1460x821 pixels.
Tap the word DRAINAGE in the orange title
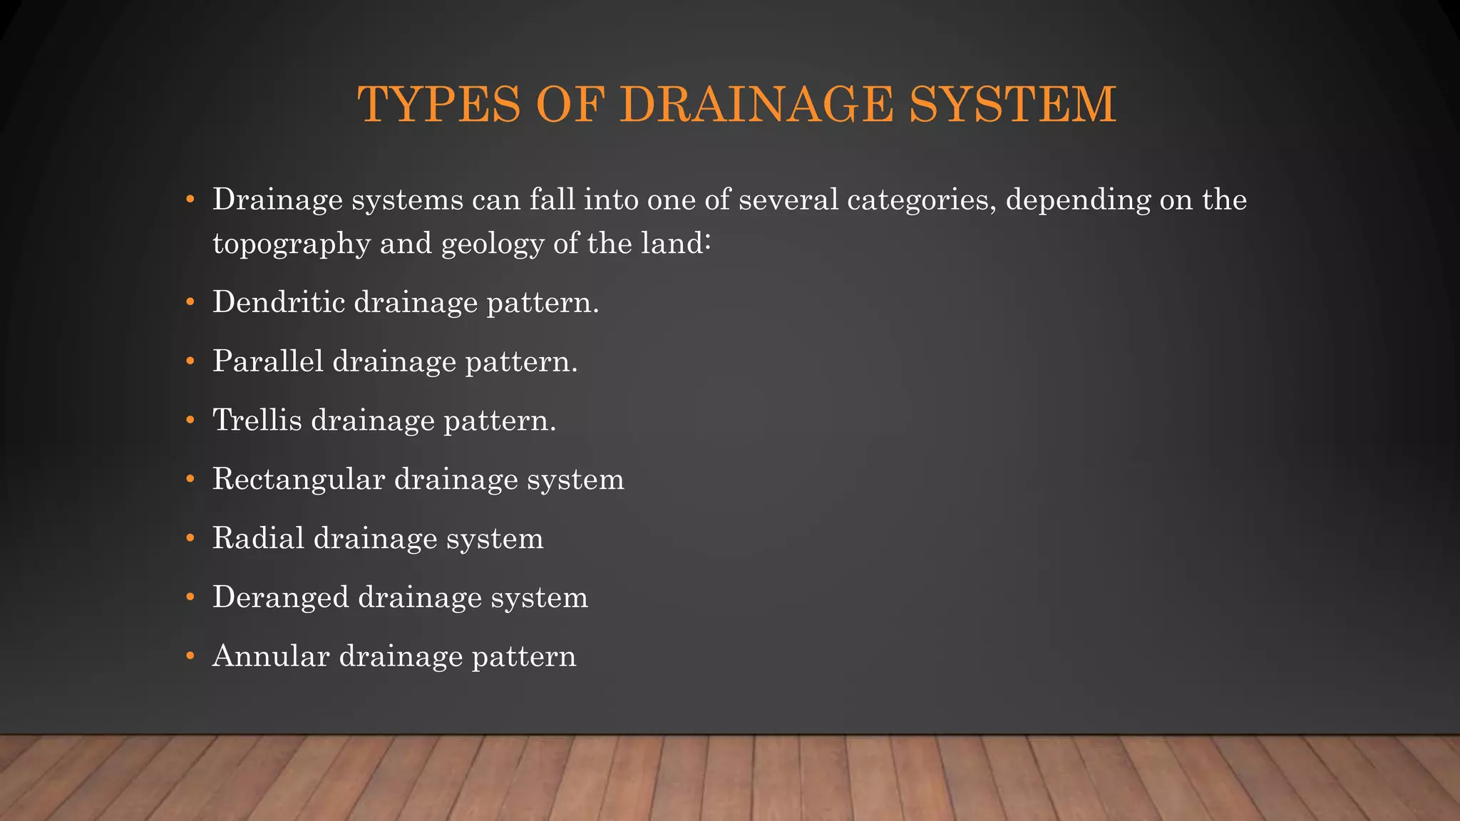[756, 105]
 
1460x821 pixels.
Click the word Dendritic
[279, 302]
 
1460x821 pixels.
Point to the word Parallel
[268, 361]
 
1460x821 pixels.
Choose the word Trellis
[257, 420]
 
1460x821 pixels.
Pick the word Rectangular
[299, 480]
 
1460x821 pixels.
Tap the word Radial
[259, 538]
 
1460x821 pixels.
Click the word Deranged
[281, 597]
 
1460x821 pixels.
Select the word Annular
[272, 656]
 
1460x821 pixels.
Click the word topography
[292, 244]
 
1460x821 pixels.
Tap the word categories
[921, 200]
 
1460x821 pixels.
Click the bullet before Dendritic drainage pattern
[190, 303]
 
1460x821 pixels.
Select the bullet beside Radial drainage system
[190, 539]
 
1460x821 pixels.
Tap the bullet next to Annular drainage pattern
[190, 656]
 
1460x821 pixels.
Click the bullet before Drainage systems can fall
[190, 200]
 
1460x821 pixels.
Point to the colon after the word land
[707, 244]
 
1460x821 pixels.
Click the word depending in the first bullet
[1078, 200]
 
